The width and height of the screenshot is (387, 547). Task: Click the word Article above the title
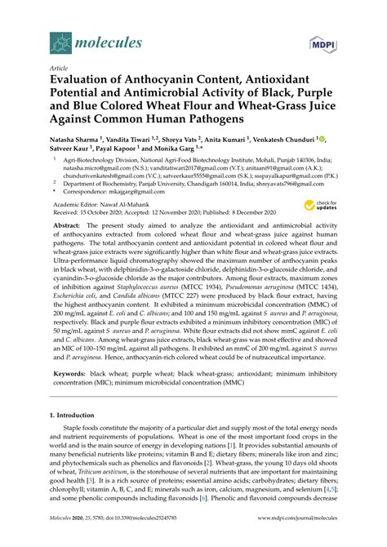[59, 69]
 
